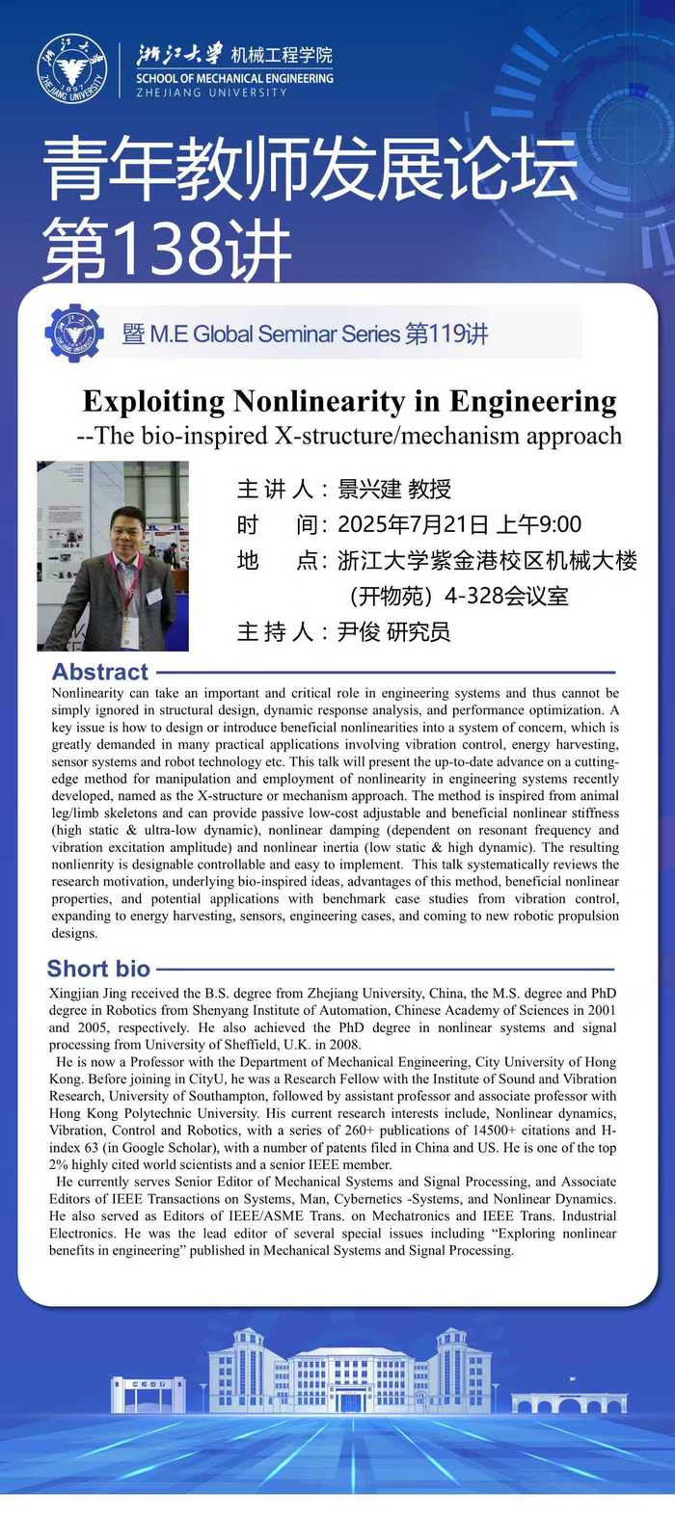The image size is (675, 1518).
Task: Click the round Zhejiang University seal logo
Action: click(71, 69)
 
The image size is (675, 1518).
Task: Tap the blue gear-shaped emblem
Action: click(74, 333)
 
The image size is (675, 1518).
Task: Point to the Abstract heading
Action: click(100, 672)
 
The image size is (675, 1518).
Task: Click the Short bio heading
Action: click(98, 969)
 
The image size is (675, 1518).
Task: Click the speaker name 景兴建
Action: click(369, 489)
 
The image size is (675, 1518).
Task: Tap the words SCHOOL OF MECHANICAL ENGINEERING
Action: click(234, 78)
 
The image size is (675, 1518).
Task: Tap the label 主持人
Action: click(275, 631)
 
